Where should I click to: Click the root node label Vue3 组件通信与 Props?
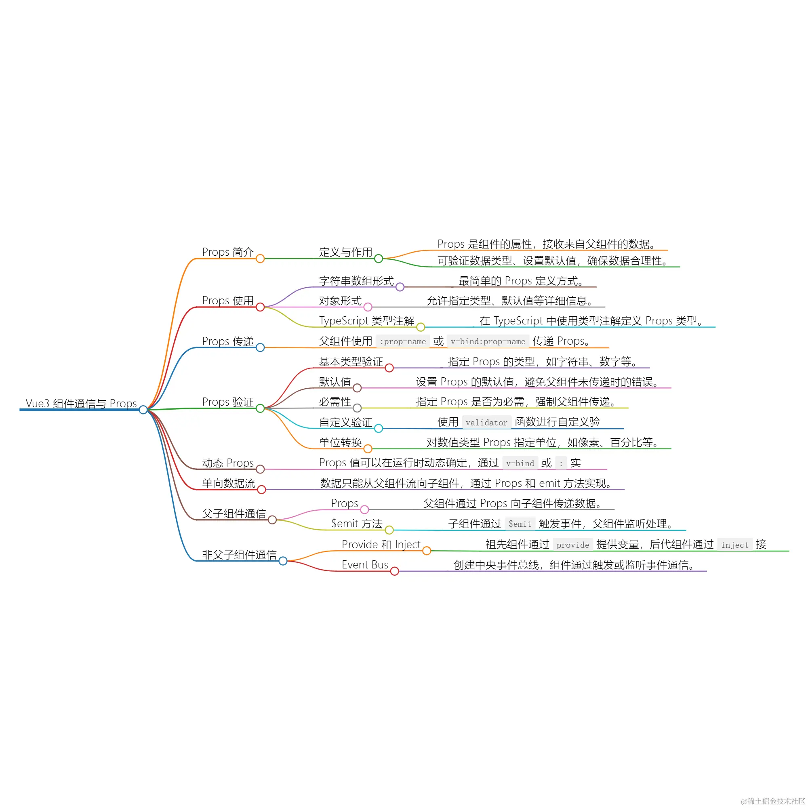[x=81, y=403]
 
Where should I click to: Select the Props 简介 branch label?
[x=227, y=252]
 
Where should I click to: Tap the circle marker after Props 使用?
[x=260, y=307]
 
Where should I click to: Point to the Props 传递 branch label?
[x=227, y=341]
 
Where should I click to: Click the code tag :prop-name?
[x=402, y=341]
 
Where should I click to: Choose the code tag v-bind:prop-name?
[x=488, y=341]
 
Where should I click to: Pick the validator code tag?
[x=486, y=423]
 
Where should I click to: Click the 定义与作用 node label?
[x=345, y=252]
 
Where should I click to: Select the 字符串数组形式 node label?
[x=356, y=281]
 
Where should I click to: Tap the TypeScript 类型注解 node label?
[x=366, y=321]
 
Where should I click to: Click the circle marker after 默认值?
[x=357, y=388]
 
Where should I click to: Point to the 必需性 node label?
[x=335, y=402]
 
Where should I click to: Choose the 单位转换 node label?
[x=340, y=442]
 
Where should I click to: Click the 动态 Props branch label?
[x=227, y=463]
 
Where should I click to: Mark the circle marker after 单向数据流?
[x=262, y=489]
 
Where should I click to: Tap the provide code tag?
[x=572, y=545]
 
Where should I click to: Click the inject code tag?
[x=735, y=545]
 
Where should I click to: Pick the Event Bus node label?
[x=365, y=565]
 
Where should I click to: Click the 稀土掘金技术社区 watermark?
[x=772, y=801]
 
